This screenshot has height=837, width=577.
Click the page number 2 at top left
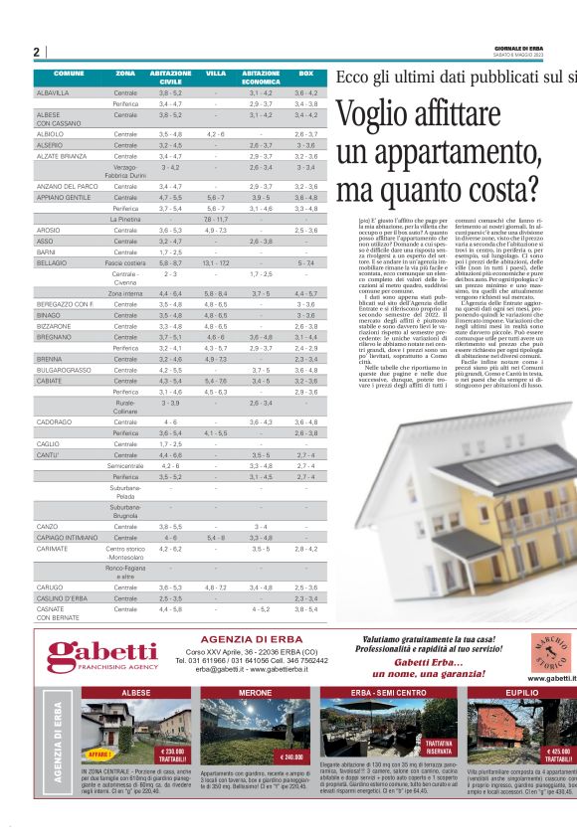coord(36,52)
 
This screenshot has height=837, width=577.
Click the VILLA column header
coord(216,74)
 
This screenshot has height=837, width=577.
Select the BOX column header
coord(306,74)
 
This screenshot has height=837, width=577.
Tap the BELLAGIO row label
coord(53,261)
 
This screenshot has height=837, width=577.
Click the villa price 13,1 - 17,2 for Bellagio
coord(216,261)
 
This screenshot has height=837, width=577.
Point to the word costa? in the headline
coord(496,188)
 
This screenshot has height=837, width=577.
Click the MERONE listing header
coord(256,692)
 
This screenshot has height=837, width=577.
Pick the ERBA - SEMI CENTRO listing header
coord(389,692)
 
